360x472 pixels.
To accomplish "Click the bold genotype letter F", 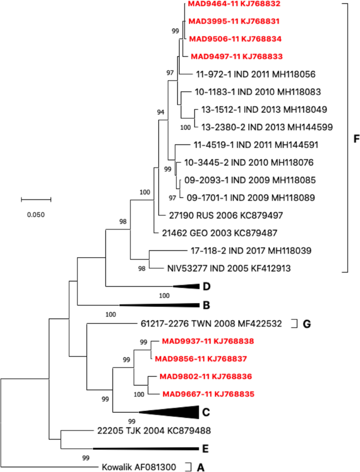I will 357,140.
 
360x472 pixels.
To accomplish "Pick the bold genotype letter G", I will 306,323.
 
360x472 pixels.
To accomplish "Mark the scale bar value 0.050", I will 36,214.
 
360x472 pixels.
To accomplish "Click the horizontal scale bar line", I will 36,200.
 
